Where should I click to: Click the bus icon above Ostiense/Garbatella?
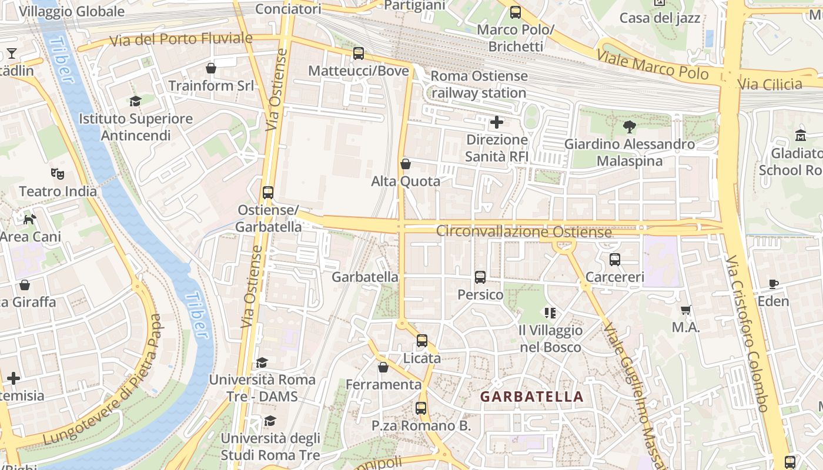[x=268, y=192]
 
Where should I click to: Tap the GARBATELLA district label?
[x=532, y=397]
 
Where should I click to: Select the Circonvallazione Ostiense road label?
[x=524, y=231]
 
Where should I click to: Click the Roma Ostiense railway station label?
[x=479, y=85]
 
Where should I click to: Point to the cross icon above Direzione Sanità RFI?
[x=497, y=122]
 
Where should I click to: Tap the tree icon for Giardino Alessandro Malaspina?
[x=629, y=126]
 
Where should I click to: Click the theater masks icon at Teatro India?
[x=58, y=173]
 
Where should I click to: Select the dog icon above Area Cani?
[x=29, y=219]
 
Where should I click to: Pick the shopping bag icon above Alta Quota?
[x=405, y=164]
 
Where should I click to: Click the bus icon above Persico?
[x=480, y=277]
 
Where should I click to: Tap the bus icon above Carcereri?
[x=615, y=259]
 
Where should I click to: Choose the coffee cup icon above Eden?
[x=774, y=284]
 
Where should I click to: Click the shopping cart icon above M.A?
[x=685, y=310]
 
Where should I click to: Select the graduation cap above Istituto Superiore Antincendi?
[x=136, y=101]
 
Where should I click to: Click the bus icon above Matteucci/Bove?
[x=359, y=53]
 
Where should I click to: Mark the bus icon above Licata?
[x=422, y=340]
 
